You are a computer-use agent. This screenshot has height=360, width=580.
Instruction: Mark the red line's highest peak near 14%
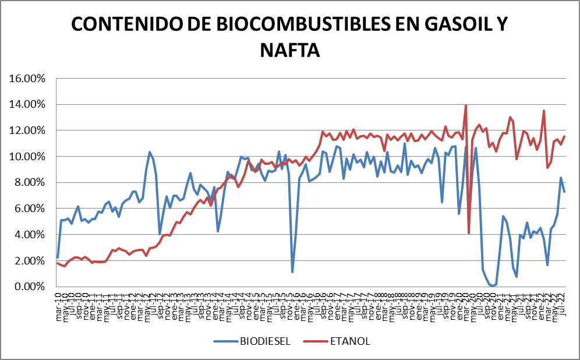(x=465, y=106)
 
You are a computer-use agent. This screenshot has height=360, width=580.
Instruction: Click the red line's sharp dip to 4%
(x=469, y=233)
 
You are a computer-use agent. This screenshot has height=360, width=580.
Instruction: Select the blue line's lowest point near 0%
(x=493, y=285)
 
